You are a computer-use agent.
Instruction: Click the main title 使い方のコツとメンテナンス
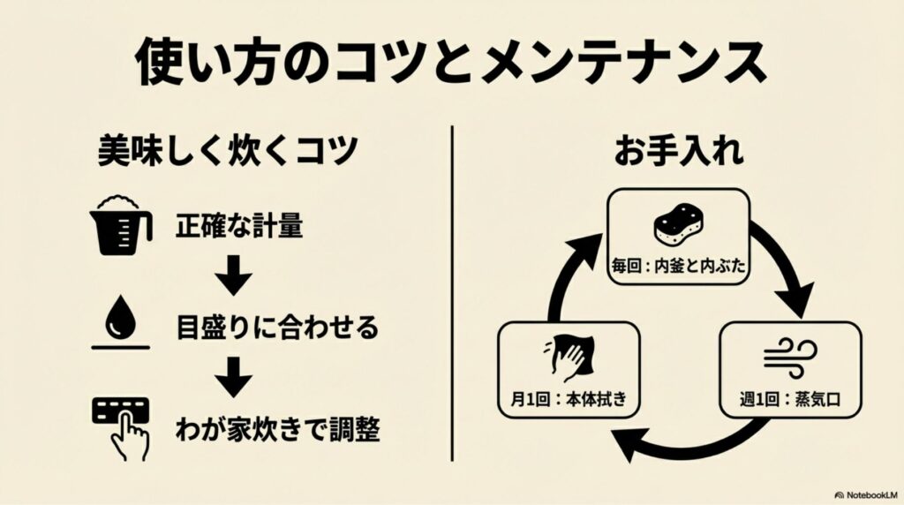[x=450, y=63]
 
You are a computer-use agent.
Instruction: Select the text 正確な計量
[x=239, y=228]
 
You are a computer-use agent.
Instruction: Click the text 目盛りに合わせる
[x=276, y=329]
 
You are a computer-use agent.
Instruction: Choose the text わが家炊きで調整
[x=277, y=429]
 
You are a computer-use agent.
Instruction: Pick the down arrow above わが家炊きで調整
[x=234, y=378]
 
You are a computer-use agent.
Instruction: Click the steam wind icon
[x=789, y=357]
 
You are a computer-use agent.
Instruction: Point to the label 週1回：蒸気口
[x=789, y=398]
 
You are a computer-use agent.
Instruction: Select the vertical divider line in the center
[x=452, y=291]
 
